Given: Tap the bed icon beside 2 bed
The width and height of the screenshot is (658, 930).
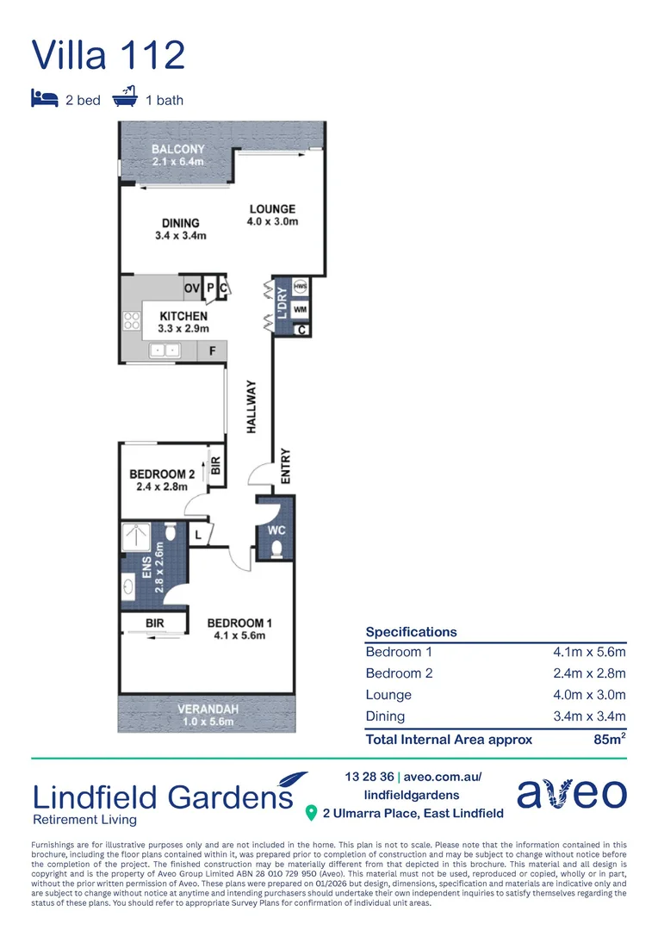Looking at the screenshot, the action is pos(45,98).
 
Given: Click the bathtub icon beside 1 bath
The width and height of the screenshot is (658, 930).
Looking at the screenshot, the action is pos(125,96).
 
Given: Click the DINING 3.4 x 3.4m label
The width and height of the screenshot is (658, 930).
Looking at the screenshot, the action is pos(181,229).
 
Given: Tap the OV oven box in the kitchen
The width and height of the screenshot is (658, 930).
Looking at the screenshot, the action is pos(192,288).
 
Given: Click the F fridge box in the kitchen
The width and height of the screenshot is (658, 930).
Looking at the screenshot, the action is pos(213,350).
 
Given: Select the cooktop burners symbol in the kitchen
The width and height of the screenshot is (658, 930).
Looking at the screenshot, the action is pos(132,321).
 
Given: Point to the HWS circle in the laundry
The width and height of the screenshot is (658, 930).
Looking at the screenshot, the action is pos(301,287).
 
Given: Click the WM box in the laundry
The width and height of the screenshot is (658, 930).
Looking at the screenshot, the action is pos(301,309).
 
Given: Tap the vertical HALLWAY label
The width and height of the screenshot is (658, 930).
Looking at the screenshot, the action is pos(251,406).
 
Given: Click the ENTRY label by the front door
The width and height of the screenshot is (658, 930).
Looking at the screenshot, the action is pos(286,466).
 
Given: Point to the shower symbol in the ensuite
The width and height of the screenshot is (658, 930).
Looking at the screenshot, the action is pos(136,536).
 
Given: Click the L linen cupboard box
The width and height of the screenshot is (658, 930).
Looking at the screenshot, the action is pos(199,535).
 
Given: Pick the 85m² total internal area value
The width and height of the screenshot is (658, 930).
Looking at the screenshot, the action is pos(610,739).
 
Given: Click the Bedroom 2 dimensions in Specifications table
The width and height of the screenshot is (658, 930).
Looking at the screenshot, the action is pos(589,673).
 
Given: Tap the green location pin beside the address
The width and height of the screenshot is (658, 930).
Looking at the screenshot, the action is pos(311,813).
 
